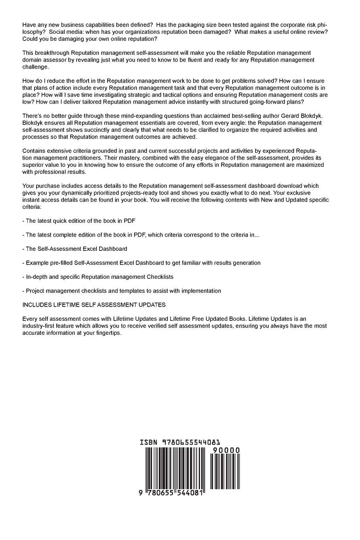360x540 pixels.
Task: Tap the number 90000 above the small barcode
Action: [x=226, y=450]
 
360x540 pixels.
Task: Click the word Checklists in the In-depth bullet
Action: [x=160, y=277]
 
